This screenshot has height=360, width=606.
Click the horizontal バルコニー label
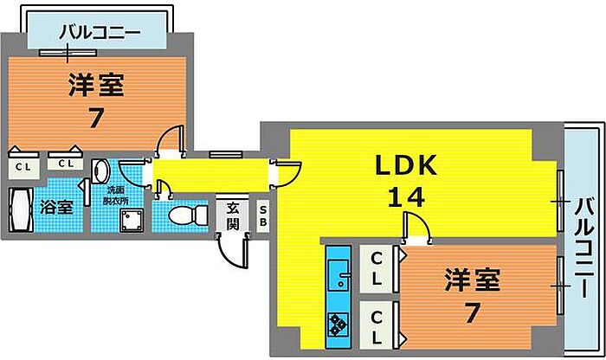99,34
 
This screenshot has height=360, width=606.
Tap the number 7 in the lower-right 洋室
471,312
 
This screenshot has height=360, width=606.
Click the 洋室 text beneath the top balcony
96,87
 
